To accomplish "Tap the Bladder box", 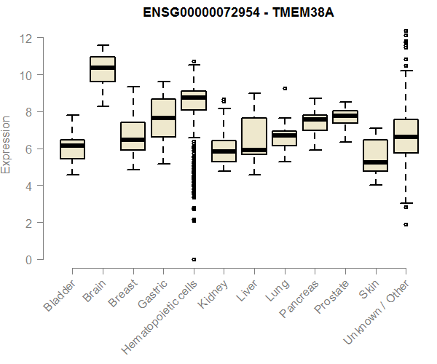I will click(x=72, y=149).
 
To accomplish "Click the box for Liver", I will click(x=253, y=136).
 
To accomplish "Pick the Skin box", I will click(x=375, y=156).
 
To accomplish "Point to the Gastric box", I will click(x=163, y=118).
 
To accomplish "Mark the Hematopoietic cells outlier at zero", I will click(x=194, y=259).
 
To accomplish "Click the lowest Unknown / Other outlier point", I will click(x=406, y=224).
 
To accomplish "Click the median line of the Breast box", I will click(x=133, y=140).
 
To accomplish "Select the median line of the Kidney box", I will click(x=224, y=151).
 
